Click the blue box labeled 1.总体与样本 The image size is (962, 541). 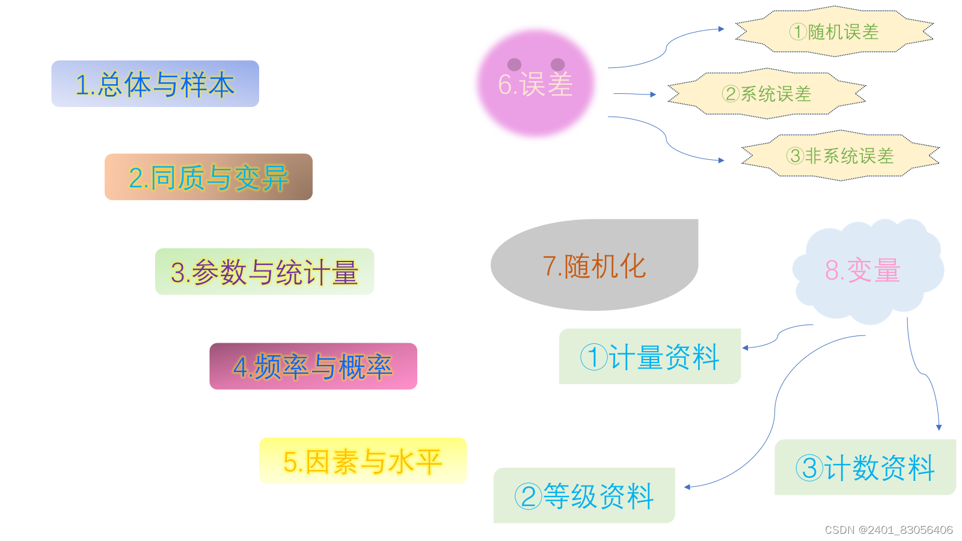(x=155, y=84)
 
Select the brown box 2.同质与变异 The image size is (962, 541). (x=208, y=177)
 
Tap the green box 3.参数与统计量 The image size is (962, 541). (x=265, y=272)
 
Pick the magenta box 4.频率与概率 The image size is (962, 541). (x=313, y=366)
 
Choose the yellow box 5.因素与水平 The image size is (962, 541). (x=363, y=461)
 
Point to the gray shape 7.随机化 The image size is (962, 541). (x=594, y=266)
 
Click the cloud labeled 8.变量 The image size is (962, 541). (x=866, y=270)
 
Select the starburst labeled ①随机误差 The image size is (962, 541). (x=835, y=31)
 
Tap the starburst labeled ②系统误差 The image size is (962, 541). (x=767, y=94)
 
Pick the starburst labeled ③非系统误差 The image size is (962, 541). (x=840, y=156)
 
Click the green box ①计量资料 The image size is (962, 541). (x=649, y=356)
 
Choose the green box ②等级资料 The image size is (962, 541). (x=584, y=496)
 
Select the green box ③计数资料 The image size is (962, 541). (x=865, y=468)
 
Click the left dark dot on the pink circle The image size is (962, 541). (x=514, y=64)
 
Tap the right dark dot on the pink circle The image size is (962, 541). (x=557, y=64)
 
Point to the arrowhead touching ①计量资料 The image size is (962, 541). (x=746, y=347)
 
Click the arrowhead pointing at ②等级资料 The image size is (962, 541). (x=687, y=487)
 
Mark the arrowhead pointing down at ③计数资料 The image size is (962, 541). (x=939, y=427)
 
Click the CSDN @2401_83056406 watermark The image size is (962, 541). (x=888, y=530)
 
